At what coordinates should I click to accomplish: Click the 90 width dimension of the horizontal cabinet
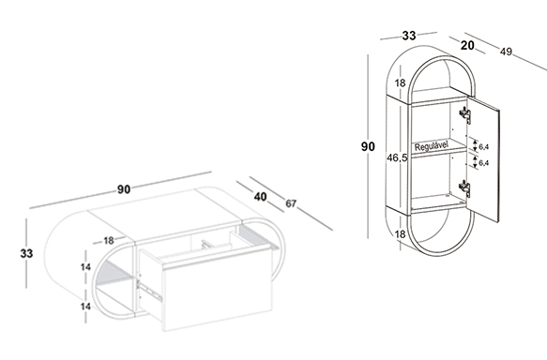(x=124, y=189)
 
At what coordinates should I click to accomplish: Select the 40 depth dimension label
(x=260, y=197)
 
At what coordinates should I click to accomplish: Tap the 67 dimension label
(x=291, y=203)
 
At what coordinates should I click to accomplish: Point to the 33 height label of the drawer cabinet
(x=26, y=253)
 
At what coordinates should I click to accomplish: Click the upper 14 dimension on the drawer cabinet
(x=85, y=267)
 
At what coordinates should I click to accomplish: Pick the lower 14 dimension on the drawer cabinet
(x=85, y=307)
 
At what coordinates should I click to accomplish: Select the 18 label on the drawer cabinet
(x=109, y=240)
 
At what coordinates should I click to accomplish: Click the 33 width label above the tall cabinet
(x=409, y=36)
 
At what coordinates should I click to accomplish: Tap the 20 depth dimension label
(x=467, y=45)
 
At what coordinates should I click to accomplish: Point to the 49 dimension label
(x=506, y=52)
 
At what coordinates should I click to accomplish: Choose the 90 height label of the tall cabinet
(x=368, y=146)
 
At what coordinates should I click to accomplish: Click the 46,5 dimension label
(x=397, y=157)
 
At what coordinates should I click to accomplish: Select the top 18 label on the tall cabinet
(x=401, y=82)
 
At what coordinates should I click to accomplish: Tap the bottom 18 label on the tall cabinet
(x=401, y=234)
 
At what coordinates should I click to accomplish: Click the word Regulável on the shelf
(x=432, y=146)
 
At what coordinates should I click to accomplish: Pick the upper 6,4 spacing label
(x=484, y=147)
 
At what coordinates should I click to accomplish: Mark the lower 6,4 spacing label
(x=484, y=163)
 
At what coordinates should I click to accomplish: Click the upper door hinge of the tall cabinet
(x=465, y=114)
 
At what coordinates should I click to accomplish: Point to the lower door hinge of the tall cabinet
(x=464, y=188)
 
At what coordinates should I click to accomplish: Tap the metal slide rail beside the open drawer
(x=150, y=290)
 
